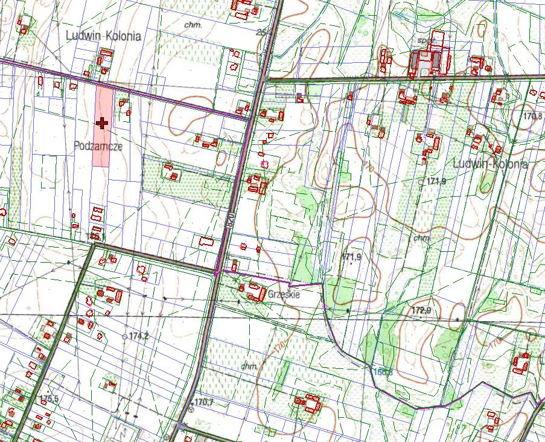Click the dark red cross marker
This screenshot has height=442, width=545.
(102, 123)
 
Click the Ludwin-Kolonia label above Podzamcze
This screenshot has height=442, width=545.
(103, 36)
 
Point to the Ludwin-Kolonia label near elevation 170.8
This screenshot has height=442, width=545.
(490, 164)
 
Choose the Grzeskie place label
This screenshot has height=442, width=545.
(283, 295)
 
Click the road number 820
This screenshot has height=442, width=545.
(230, 219)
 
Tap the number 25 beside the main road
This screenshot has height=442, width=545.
(261, 31)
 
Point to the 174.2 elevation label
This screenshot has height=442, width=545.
(138, 335)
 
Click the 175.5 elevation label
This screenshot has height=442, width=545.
(49, 399)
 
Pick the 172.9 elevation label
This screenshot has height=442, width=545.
(421, 310)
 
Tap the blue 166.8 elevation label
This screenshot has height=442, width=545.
(382, 372)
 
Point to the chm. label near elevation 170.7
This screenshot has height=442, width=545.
(249, 366)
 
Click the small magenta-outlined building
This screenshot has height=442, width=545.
(263, 162)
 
